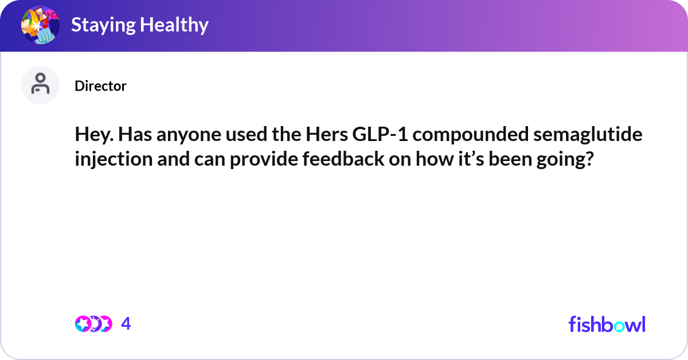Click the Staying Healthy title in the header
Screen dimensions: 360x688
pos(139,25)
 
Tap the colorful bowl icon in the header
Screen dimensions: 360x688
pos(40,25)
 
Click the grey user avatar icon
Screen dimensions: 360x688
pos(40,85)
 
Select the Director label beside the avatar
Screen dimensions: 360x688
pos(100,86)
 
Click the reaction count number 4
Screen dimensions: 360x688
pos(126,324)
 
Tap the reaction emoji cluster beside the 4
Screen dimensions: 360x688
pos(93,324)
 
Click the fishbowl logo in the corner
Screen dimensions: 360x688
pos(607,324)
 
